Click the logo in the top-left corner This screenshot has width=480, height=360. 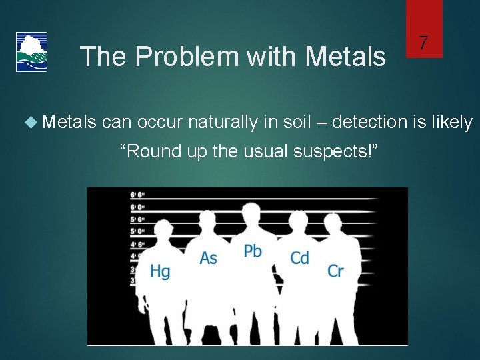click(31, 51)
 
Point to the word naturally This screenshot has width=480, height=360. click(225, 123)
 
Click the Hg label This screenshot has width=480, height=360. click(159, 271)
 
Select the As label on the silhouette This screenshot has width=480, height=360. click(209, 257)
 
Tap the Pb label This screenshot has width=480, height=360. click(253, 251)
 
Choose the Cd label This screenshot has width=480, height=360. click(299, 257)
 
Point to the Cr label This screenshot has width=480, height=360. click(335, 271)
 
